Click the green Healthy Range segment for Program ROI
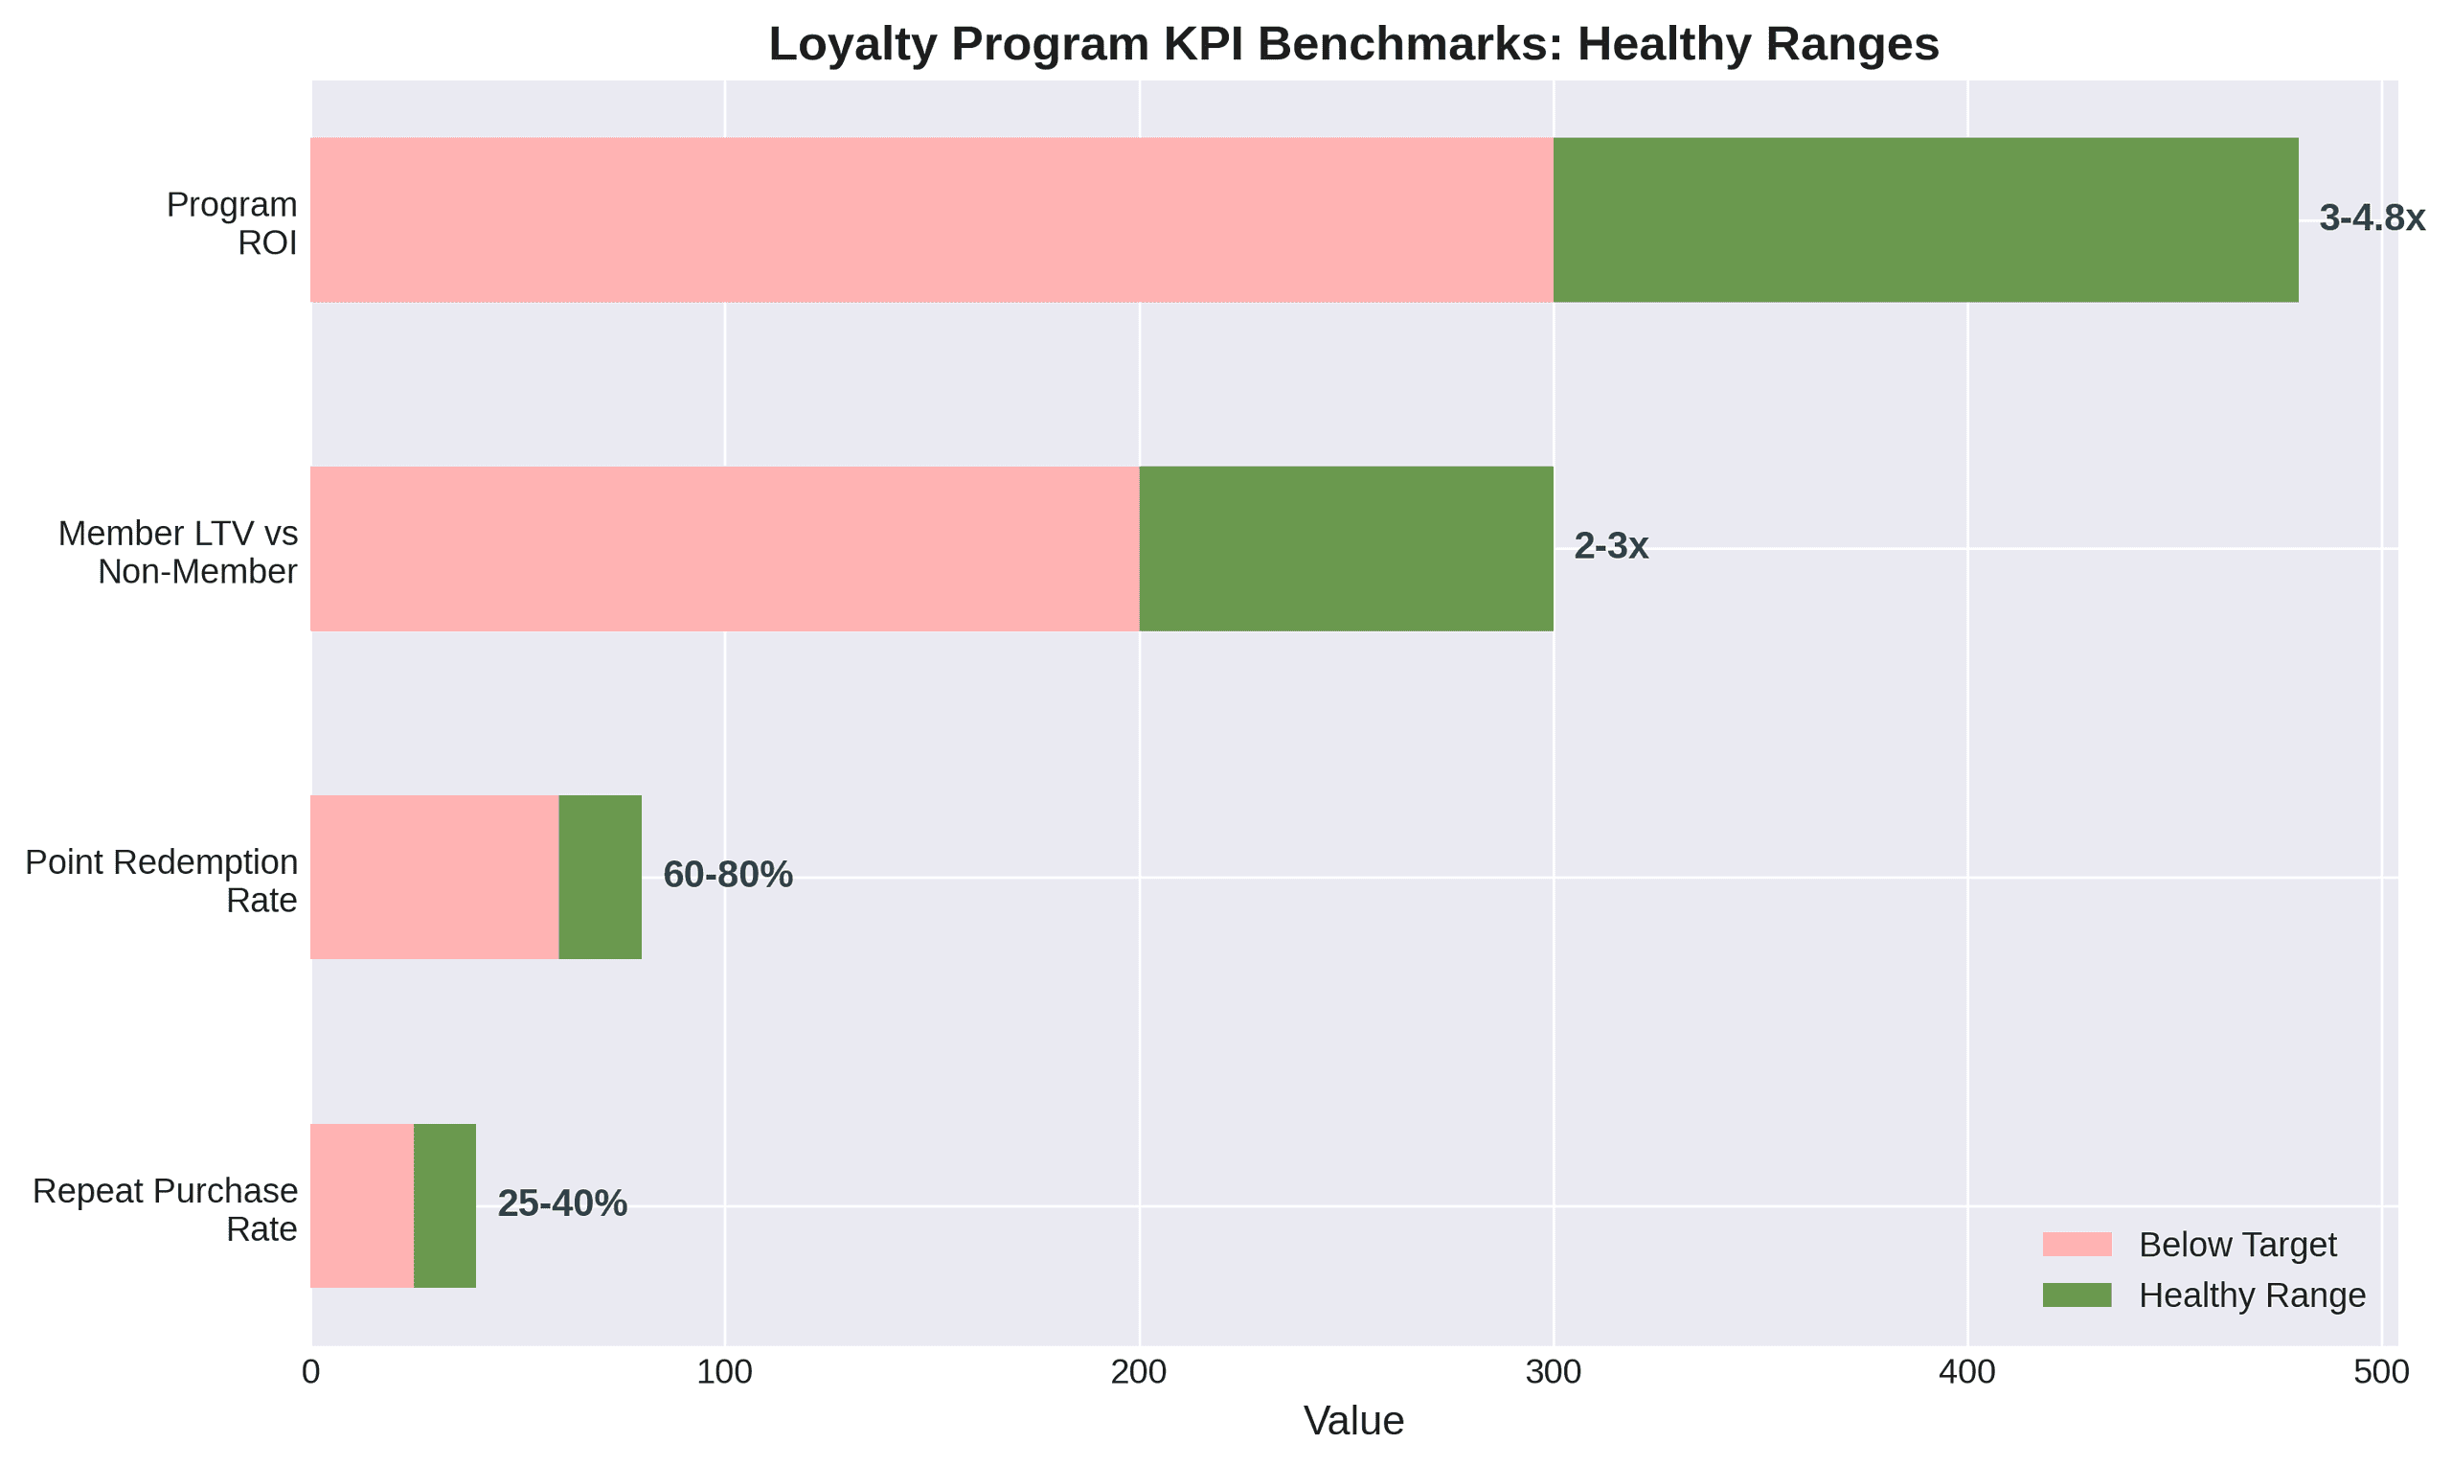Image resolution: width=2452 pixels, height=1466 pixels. (x=1925, y=219)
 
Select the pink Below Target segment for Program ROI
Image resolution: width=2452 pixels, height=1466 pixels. (x=931, y=219)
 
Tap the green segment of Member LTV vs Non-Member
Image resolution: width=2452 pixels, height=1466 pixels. (x=1346, y=548)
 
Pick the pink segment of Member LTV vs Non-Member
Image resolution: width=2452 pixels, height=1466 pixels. (x=724, y=548)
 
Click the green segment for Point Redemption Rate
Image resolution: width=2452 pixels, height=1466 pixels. (x=601, y=878)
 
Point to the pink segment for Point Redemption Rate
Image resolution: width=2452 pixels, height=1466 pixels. (x=435, y=878)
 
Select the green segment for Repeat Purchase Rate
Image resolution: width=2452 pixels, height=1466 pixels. (x=444, y=1205)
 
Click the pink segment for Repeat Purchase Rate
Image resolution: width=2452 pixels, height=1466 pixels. (x=361, y=1205)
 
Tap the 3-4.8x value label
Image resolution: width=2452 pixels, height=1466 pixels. (x=2371, y=218)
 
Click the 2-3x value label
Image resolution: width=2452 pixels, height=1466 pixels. (x=1611, y=546)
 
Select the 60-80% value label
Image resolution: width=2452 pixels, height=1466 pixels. (x=727, y=875)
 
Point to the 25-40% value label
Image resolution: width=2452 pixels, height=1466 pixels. (x=562, y=1203)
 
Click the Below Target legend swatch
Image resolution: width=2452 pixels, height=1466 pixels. (x=2077, y=1245)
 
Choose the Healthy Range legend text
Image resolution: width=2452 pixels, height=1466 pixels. (x=2252, y=1295)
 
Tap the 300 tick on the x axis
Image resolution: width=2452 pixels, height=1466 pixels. (x=1553, y=1373)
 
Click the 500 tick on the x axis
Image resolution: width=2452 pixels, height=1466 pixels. (x=2381, y=1373)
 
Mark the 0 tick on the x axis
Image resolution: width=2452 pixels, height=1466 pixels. (x=311, y=1373)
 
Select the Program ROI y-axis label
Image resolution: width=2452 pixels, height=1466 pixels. (x=233, y=223)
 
